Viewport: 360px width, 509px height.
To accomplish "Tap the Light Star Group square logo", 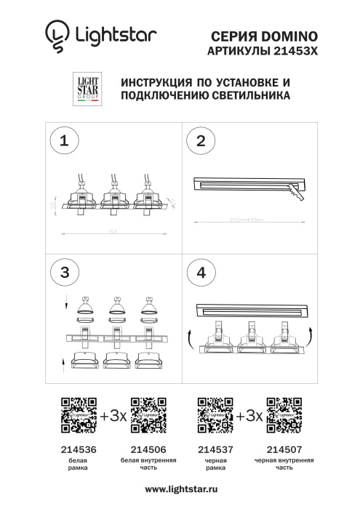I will (88, 89).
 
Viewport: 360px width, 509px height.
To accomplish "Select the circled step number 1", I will (67, 140).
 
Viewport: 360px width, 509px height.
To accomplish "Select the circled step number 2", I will (201, 140).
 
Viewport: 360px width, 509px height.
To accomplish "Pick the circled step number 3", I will (67, 272).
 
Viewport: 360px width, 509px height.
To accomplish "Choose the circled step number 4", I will (201, 272).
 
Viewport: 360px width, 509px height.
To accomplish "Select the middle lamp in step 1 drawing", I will (113, 197).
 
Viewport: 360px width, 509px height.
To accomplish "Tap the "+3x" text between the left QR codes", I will (113, 417).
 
